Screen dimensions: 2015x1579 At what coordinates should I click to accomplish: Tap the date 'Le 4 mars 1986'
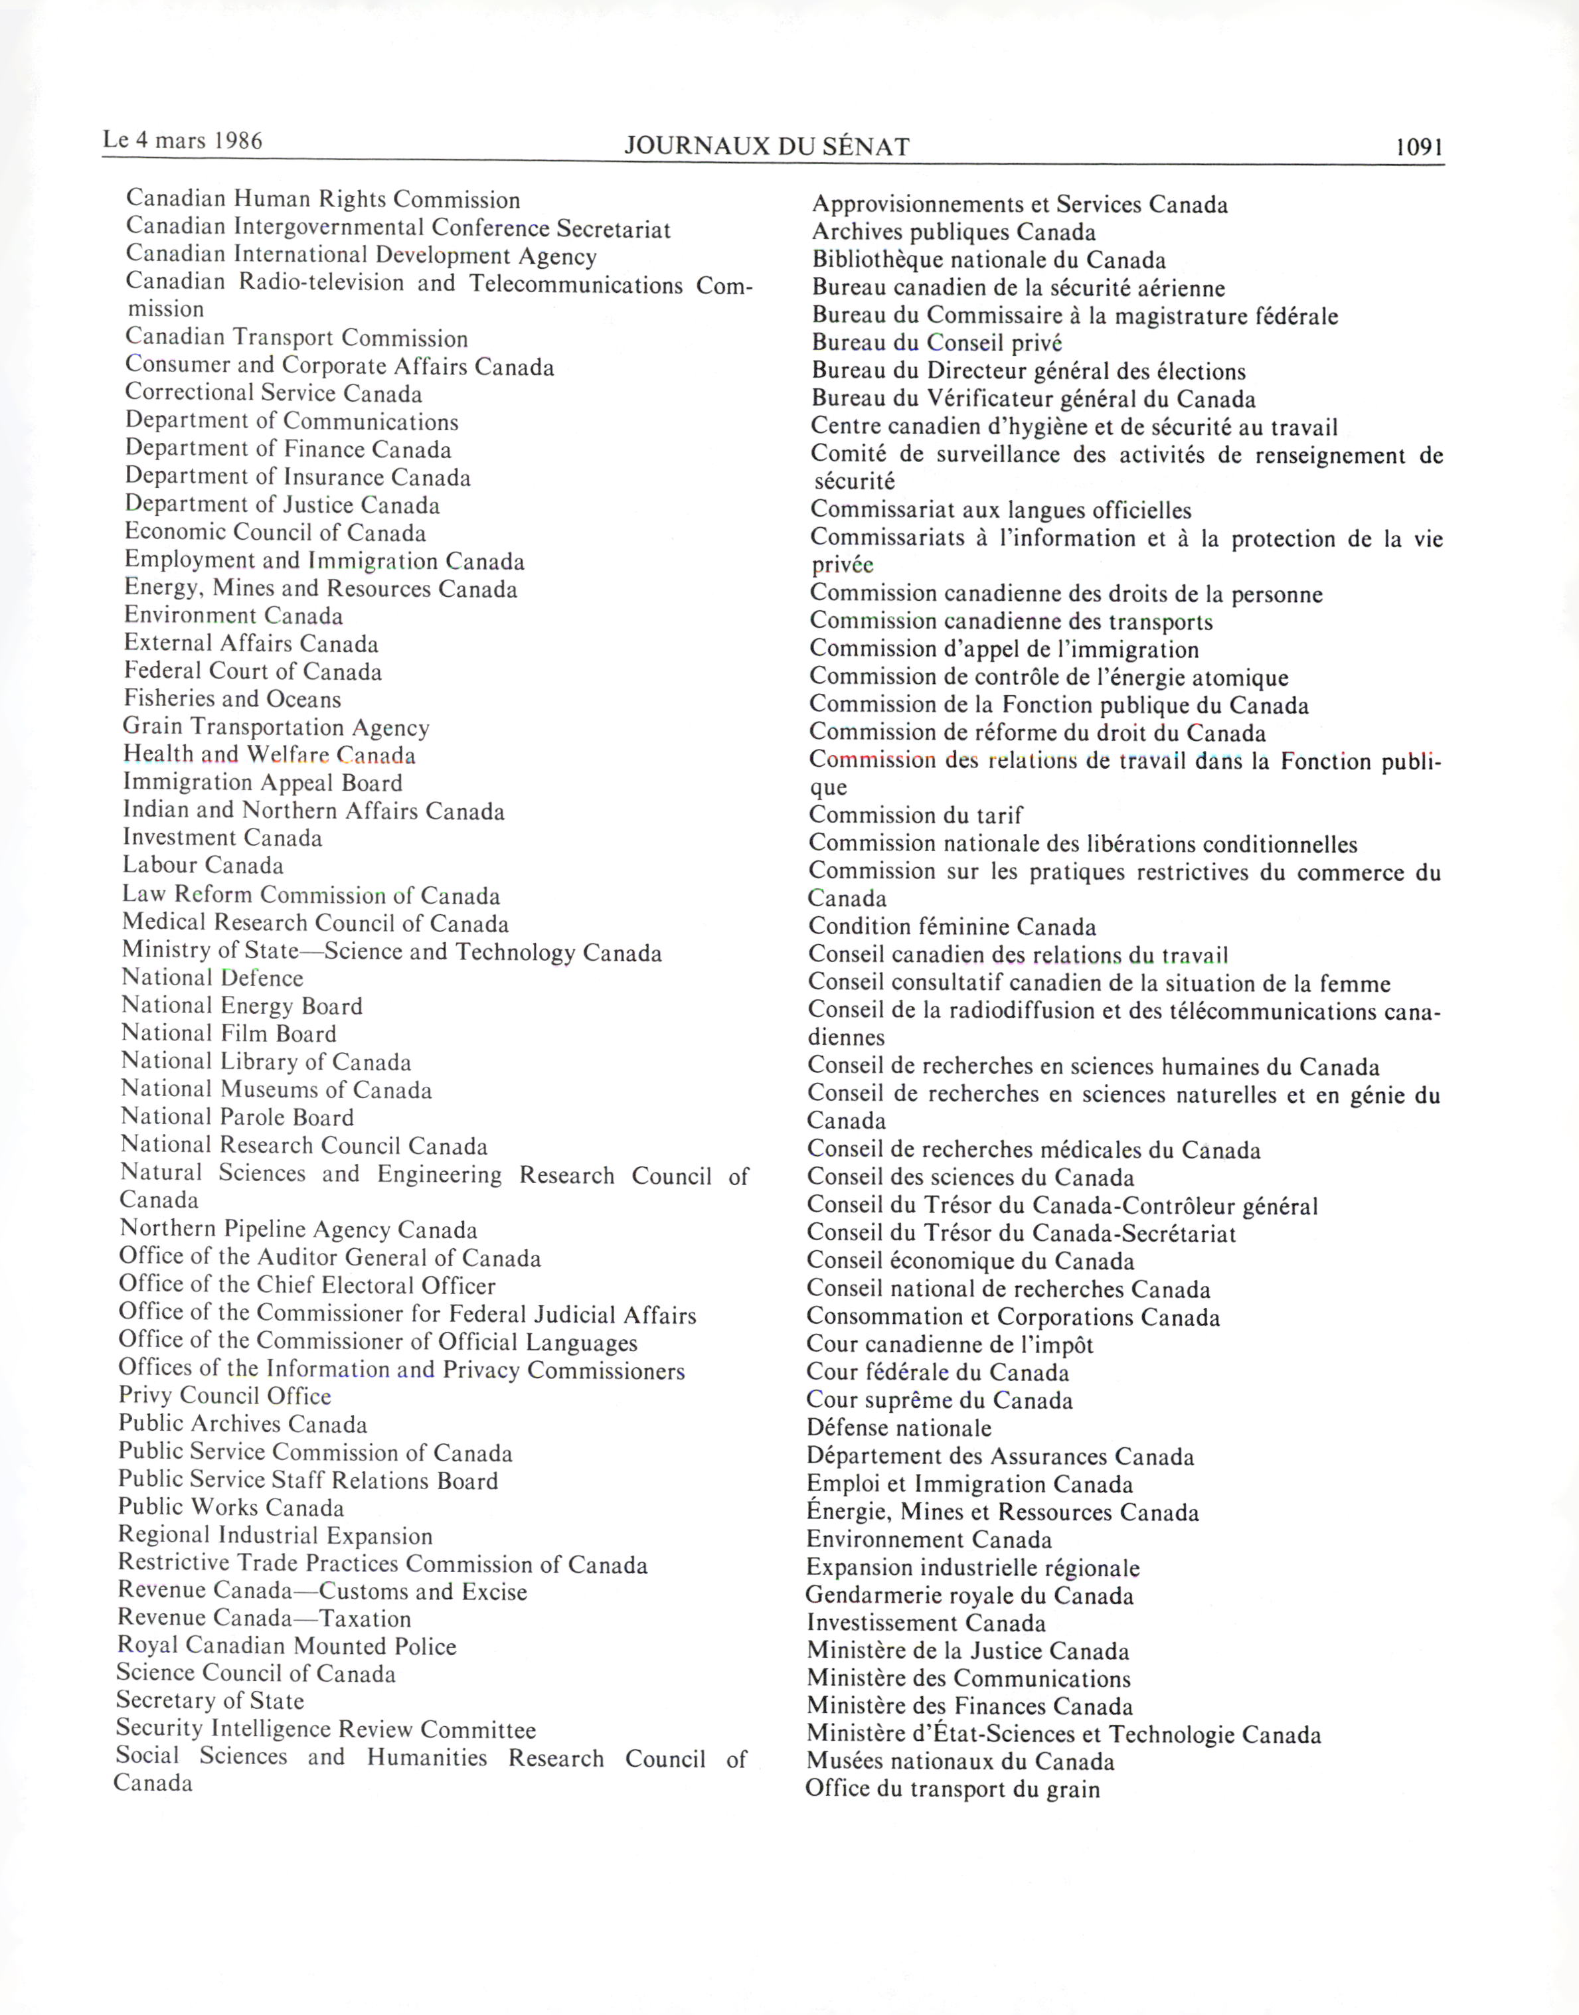coord(183,141)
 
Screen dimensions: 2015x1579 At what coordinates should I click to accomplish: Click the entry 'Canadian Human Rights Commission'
coord(323,200)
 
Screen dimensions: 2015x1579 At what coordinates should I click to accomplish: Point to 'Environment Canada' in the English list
coord(234,615)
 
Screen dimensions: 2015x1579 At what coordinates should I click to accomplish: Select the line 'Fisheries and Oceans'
coord(232,699)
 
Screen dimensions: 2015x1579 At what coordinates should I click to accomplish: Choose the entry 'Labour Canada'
coord(203,865)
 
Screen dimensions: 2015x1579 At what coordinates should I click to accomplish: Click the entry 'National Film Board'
coord(229,1033)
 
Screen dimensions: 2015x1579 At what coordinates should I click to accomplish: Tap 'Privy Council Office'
coord(224,1396)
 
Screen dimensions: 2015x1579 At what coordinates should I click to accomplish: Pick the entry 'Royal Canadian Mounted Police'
coord(287,1647)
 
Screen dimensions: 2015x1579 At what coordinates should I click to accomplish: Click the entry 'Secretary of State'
coord(210,1701)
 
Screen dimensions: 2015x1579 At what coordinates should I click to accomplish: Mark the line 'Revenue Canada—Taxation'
coord(264,1619)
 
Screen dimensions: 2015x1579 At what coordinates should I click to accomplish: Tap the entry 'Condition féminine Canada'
coord(952,926)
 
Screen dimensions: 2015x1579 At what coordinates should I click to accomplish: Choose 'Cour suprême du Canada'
coord(940,1400)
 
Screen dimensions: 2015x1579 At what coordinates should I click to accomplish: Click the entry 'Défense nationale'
coord(898,1428)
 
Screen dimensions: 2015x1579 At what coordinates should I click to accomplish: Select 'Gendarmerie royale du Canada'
coord(969,1595)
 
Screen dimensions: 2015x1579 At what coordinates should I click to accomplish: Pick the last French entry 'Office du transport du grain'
coord(953,1789)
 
